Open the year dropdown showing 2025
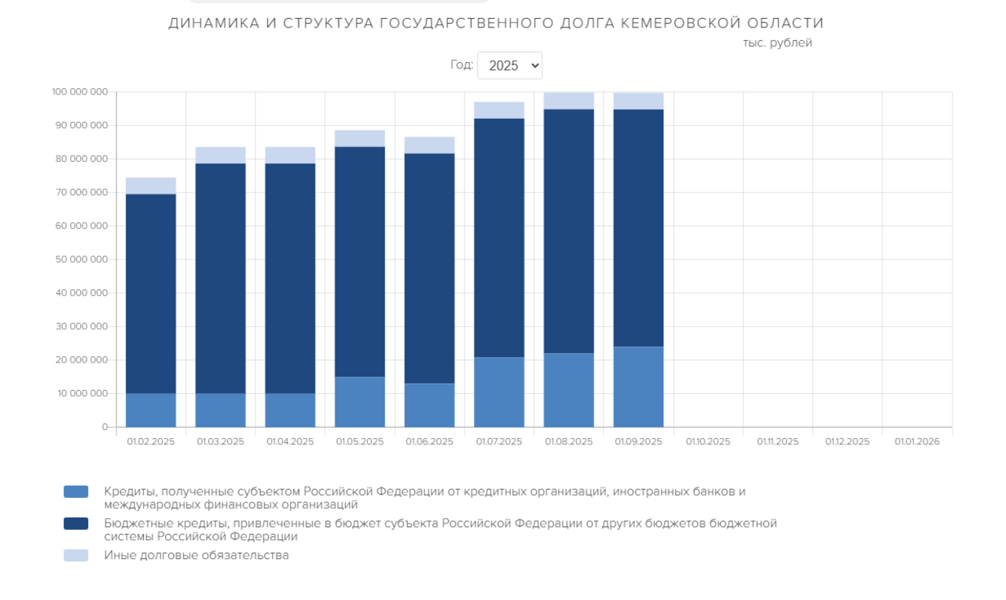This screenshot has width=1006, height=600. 509,65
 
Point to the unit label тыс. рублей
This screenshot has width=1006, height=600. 777,43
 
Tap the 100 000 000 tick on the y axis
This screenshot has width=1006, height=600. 79,92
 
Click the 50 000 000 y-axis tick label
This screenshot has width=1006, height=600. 82,260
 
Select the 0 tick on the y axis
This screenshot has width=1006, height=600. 104,427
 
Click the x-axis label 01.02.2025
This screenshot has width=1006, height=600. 151,442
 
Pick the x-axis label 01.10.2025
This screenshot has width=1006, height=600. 708,442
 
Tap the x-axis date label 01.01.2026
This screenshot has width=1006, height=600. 917,442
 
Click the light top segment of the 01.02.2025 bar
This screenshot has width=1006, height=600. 151,186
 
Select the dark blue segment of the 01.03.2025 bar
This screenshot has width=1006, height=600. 221,278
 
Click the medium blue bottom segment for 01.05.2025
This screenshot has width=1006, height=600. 360,402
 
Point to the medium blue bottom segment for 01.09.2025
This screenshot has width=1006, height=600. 638,387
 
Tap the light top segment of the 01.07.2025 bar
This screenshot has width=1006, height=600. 499,110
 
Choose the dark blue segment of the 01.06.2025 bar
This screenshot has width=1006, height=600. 429,268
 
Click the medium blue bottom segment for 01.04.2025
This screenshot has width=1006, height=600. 290,410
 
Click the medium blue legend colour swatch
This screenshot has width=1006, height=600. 76,491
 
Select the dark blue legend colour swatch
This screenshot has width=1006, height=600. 76,524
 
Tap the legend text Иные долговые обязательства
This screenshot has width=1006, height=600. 196,555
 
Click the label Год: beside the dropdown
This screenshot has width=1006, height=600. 461,64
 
